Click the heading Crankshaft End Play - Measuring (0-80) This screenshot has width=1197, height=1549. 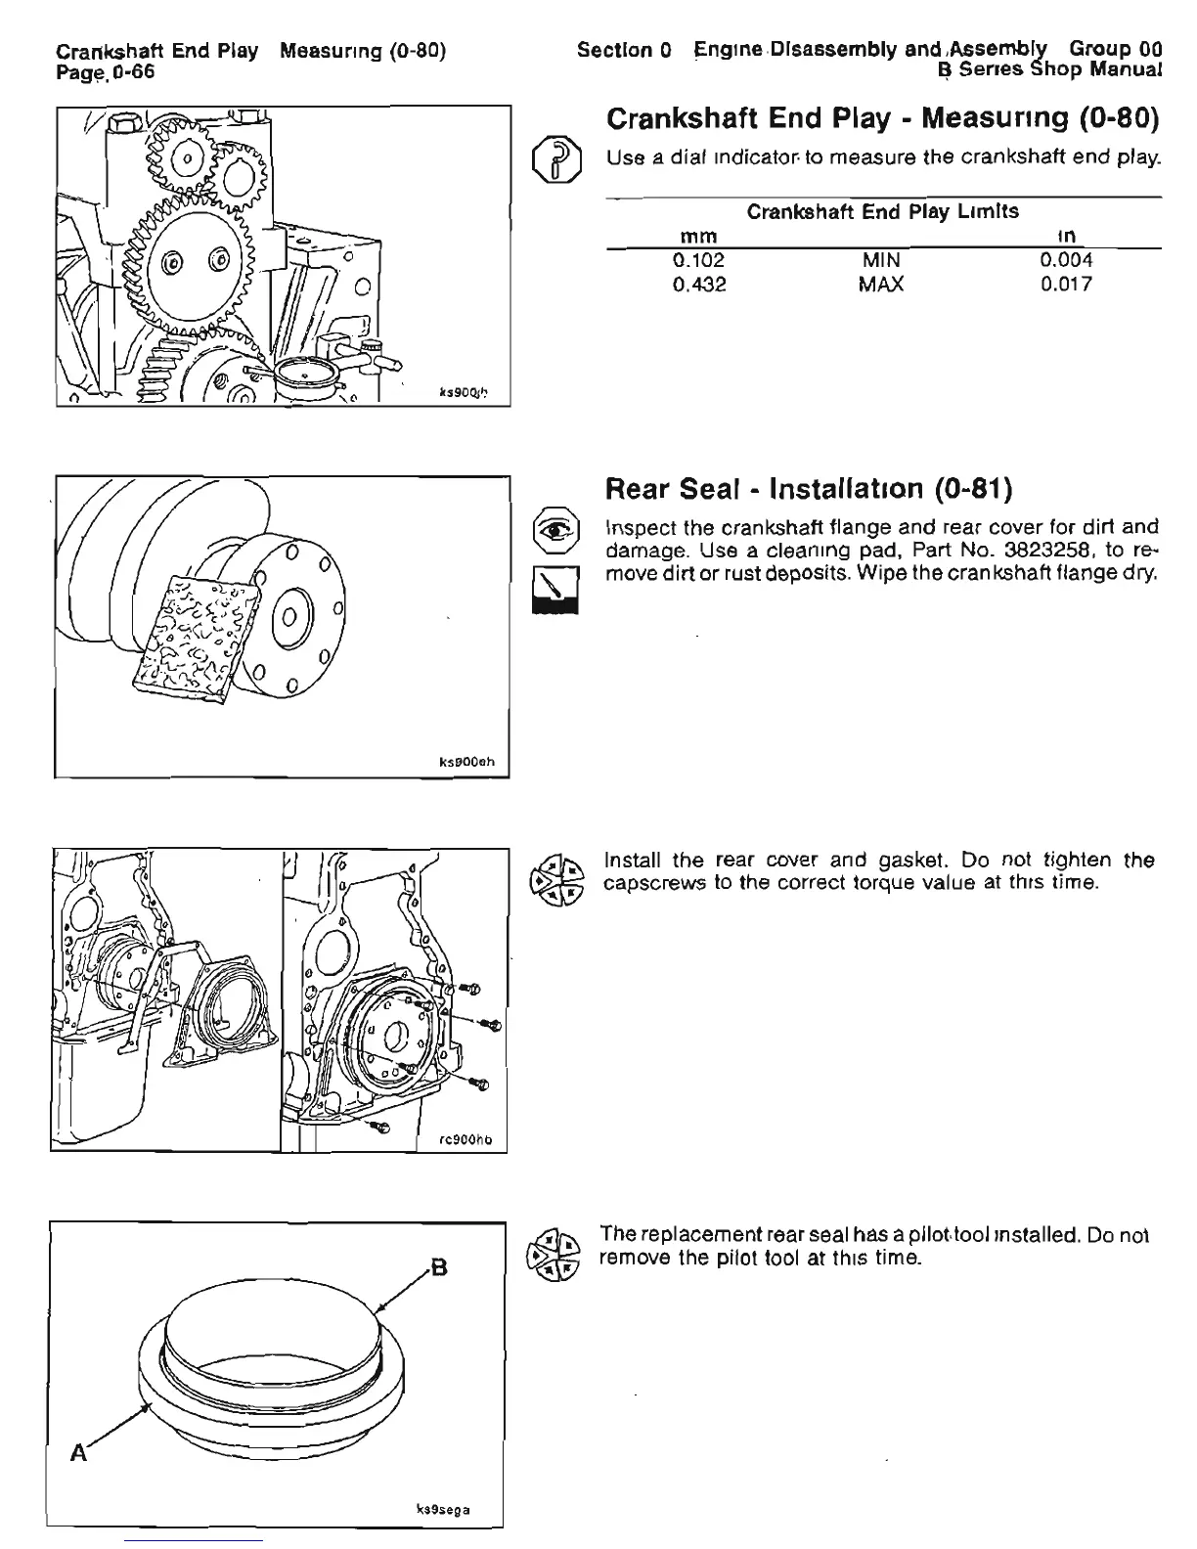click(882, 119)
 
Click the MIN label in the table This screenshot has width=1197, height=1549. click(881, 261)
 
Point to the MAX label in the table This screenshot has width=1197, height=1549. click(881, 285)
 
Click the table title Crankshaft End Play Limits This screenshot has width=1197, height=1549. click(882, 211)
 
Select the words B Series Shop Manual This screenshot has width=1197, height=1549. click(1049, 70)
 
